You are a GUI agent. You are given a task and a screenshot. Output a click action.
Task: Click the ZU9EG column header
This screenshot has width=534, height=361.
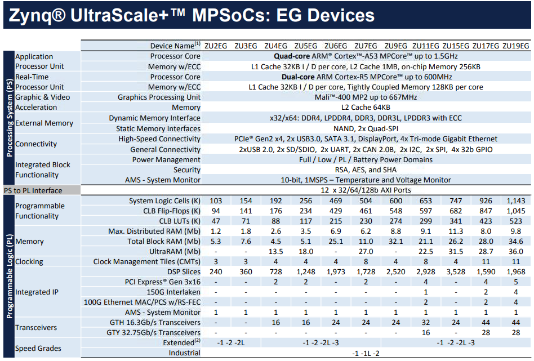(x=395, y=46)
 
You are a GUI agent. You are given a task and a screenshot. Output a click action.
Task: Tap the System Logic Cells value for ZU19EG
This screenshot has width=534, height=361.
(x=515, y=201)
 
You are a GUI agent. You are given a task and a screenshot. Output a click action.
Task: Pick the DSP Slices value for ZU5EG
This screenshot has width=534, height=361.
(x=305, y=272)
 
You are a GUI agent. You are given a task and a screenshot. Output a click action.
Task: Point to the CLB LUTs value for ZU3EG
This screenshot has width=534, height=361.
(x=246, y=221)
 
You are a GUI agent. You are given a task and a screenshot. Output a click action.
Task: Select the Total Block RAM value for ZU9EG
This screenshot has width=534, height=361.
(x=395, y=241)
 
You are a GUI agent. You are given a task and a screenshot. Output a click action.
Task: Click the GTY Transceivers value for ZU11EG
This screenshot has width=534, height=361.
(x=425, y=332)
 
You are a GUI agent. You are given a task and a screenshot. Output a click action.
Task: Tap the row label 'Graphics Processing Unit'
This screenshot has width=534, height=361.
(x=159, y=97)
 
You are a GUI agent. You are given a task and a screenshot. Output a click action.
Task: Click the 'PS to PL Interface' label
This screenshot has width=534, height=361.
(x=33, y=190)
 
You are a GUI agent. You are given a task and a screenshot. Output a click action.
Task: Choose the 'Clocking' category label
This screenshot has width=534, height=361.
(x=29, y=262)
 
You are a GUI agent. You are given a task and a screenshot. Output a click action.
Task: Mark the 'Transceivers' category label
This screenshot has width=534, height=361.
(x=36, y=327)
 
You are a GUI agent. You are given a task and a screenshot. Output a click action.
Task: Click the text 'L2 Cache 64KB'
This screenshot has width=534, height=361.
(x=366, y=107)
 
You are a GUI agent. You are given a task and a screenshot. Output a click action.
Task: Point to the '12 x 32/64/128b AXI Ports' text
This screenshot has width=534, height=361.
(x=366, y=190)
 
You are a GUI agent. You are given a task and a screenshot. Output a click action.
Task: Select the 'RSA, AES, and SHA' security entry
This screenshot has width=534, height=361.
(x=366, y=170)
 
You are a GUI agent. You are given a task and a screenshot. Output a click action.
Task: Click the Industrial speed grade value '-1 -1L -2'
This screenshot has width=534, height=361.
(x=366, y=353)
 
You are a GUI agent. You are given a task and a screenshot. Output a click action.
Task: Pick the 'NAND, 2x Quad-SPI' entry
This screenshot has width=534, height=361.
(x=366, y=128)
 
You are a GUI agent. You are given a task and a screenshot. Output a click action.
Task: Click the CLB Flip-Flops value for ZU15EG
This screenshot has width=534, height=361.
(x=456, y=211)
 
